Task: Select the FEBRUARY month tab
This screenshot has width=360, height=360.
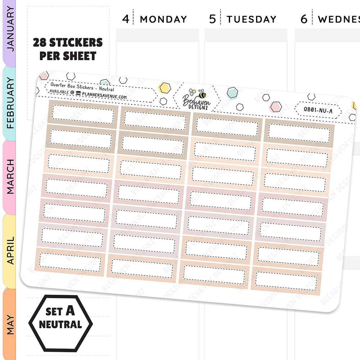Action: coord(10,103)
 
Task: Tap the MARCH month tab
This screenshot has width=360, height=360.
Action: coord(10,177)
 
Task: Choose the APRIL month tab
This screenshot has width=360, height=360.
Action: coord(10,250)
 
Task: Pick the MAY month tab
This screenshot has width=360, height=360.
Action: coord(10,324)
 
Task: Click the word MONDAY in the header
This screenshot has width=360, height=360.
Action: coord(163,19)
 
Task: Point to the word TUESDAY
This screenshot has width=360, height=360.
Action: coord(251,19)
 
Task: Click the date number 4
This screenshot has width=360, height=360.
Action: coord(125,19)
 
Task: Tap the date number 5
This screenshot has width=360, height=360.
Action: coord(213,19)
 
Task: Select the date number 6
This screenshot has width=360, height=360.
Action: coord(304,19)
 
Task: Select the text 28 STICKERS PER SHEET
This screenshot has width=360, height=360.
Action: coord(68,49)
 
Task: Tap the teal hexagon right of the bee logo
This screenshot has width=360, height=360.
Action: coord(232,93)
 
